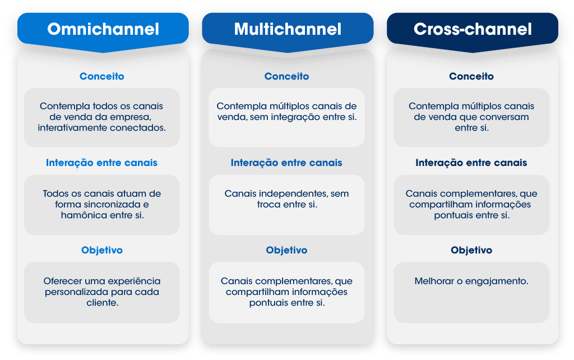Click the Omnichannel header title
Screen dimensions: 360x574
tap(103, 29)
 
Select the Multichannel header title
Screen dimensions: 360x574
tap(288, 29)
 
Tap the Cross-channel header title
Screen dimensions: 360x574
tap(473, 29)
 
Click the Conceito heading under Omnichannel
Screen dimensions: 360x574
tap(102, 76)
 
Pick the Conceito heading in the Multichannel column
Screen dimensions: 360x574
tap(287, 76)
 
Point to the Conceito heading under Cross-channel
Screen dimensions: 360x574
tap(471, 76)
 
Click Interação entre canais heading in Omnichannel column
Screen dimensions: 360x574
tap(102, 163)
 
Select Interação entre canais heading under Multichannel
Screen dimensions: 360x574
tap(286, 163)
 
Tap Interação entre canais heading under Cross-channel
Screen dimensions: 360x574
tap(471, 163)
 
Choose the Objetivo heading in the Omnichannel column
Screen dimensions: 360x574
tap(102, 250)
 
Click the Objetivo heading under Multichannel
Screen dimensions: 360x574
tap(286, 250)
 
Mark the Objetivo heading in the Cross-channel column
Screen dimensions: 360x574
tap(471, 250)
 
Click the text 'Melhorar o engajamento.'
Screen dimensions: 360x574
tap(471, 281)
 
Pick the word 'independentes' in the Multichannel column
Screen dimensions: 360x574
tap(293, 194)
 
